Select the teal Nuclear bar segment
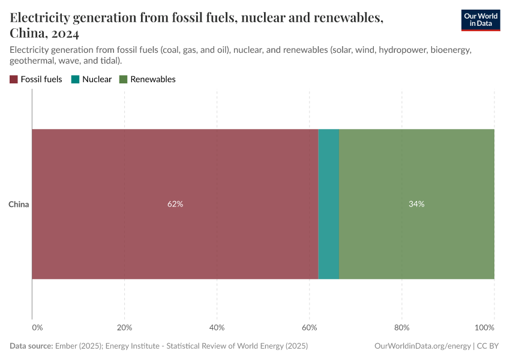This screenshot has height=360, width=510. pyautogui.click(x=328, y=204)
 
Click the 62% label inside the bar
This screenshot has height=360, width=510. pyautogui.click(x=175, y=204)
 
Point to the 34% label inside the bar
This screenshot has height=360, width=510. pyautogui.click(x=416, y=204)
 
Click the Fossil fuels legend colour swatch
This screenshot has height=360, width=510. pyautogui.click(x=14, y=79)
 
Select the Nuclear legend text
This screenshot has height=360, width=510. pyautogui.click(x=97, y=79)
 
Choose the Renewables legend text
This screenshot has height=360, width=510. pyautogui.click(x=152, y=79)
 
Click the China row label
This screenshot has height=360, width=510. pyautogui.click(x=19, y=205)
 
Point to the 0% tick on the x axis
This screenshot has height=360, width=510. pyautogui.click(x=37, y=328)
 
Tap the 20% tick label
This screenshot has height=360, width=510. pyautogui.click(x=124, y=328)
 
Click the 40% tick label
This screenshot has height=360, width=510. pyautogui.click(x=217, y=328)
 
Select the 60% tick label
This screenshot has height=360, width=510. pyautogui.click(x=309, y=328)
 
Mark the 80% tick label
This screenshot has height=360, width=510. pyautogui.click(x=401, y=328)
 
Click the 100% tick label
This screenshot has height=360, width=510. pyautogui.click(x=484, y=328)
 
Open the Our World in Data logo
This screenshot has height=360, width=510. pyautogui.click(x=480, y=20)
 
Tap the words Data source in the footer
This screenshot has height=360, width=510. pyautogui.click(x=31, y=346)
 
